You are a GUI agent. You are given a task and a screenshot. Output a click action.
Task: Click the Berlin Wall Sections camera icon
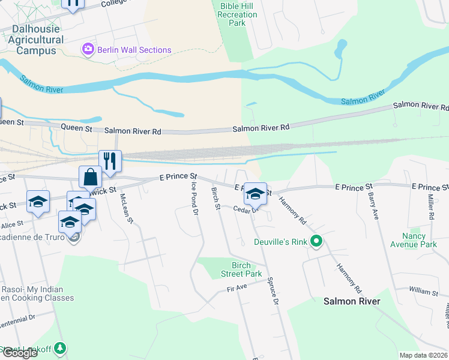tap(88, 49)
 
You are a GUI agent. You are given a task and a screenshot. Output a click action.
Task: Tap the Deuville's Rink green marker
tap(316, 242)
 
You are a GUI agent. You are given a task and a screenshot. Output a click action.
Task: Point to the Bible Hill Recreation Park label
tap(230, 14)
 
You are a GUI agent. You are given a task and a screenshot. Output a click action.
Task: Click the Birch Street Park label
tap(246, 269)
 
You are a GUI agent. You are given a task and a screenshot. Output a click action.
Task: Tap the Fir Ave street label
tap(237, 288)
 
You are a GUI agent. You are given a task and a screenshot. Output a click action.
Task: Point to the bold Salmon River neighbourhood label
tap(352, 301)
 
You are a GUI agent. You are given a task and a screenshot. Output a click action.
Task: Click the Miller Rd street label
tap(430, 206)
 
